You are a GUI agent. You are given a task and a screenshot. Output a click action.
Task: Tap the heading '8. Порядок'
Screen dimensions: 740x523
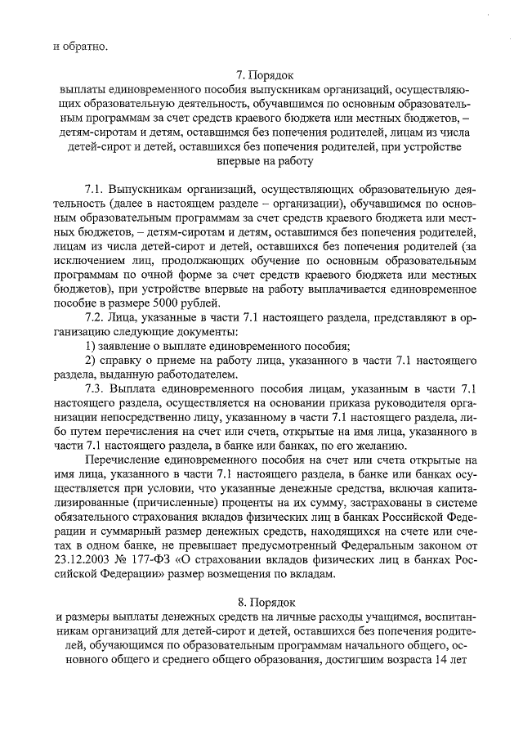262,606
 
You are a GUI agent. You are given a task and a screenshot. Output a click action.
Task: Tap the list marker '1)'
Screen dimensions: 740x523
92,347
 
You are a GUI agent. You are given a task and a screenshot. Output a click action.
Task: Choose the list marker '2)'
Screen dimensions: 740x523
92,361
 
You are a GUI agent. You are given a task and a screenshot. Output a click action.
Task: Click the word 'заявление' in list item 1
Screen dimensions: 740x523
126,347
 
